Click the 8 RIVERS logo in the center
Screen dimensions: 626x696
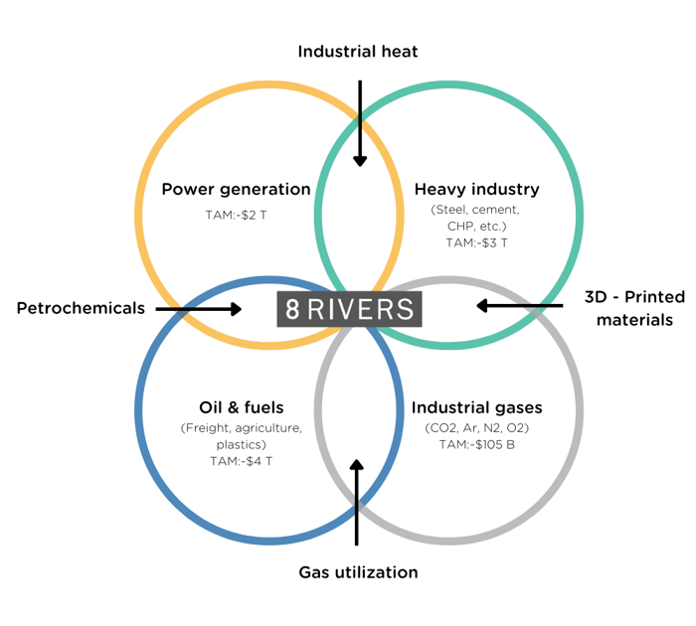[349, 309]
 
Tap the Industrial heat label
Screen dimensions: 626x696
[359, 50]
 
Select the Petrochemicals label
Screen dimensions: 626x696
[81, 308]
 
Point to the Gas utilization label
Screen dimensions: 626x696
[358, 572]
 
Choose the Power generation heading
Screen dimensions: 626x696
[236, 189]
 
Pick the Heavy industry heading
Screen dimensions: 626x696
[476, 189]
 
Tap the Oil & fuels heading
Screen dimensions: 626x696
[241, 407]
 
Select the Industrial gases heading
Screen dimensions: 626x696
[476, 407]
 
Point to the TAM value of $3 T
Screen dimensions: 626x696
[476, 242]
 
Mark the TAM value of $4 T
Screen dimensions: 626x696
[241, 461]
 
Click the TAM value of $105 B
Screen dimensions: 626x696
[476, 444]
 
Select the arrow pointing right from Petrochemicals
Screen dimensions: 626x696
[199, 309]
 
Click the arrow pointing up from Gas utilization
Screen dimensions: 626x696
[357, 502]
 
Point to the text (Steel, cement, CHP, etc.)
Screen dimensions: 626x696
[476, 219]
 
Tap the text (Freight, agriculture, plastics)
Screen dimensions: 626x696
[241, 436]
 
